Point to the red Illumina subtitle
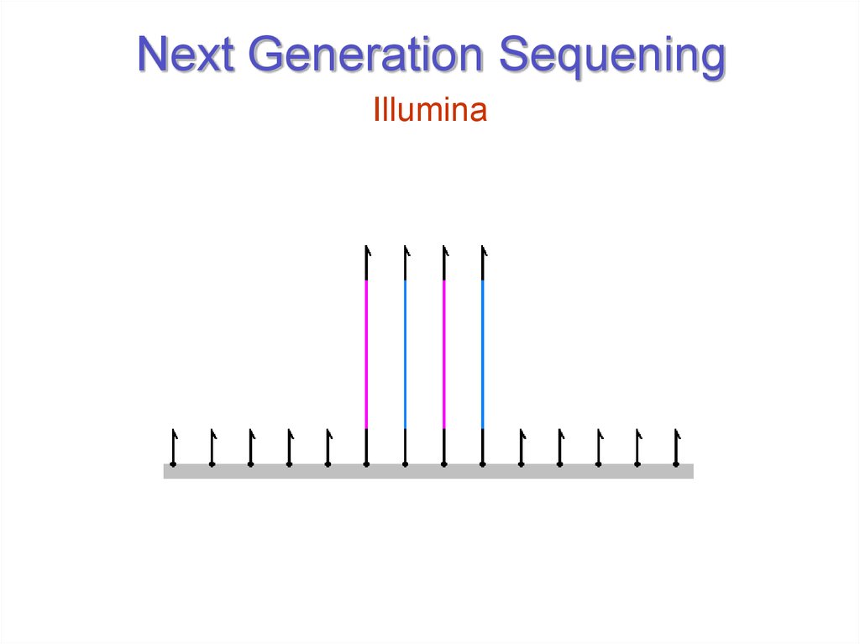pyautogui.click(x=430, y=111)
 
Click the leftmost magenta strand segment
pyautogui.click(x=366, y=353)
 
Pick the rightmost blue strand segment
pyautogui.click(x=482, y=353)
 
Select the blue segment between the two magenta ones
pyautogui.click(x=405, y=353)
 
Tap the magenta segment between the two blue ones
pyautogui.click(x=443, y=353)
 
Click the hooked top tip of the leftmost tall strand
pyautogui.click(x=367, y=249)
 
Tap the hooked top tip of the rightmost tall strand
pyautogui.click(x=483, y=249)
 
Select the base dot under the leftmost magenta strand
pyautogui.click(x=366, y=463)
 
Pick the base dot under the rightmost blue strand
pyautogui.click(x=482, y=463)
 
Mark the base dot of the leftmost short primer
pyautogui.click(x=173, y=463)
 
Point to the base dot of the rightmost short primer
pyautogui.click(x=675, y=463)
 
